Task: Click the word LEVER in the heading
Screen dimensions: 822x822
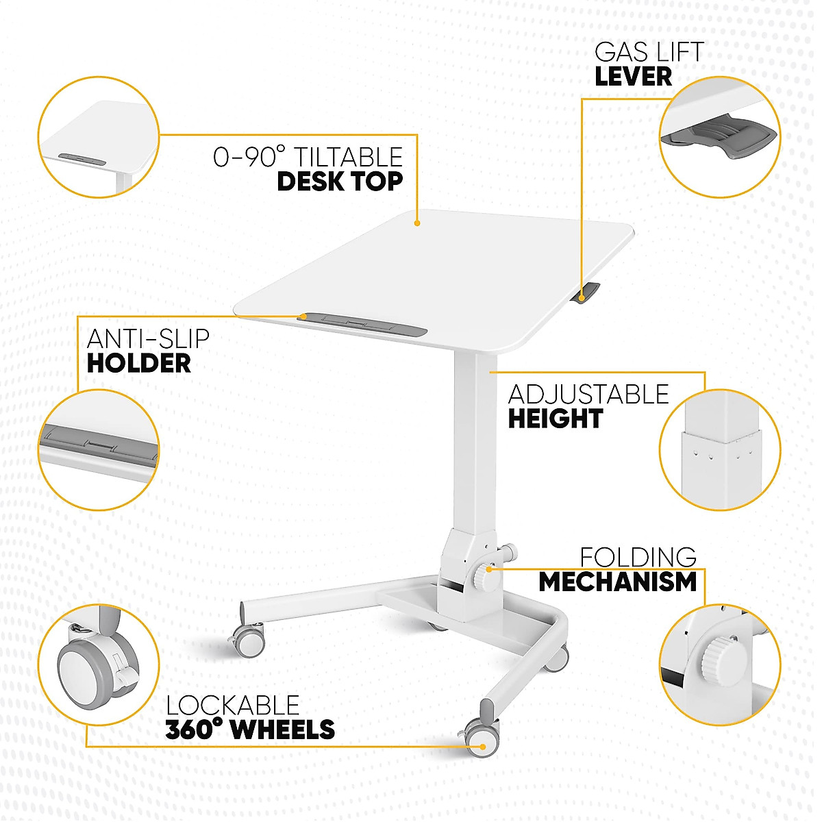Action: coord(633,76)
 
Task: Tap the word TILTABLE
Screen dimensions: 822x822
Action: coord(348,157)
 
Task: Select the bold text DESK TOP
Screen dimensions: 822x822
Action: coord(339,182)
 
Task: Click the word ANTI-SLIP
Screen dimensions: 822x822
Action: coord(148,338)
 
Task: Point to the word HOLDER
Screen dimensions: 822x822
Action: coord(138,363)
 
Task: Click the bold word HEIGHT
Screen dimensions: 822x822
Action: coord(555,419)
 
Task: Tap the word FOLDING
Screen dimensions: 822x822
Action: coord(638,556)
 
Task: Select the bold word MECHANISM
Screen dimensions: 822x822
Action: coord(617,582)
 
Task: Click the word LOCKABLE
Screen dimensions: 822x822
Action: coord(233,705)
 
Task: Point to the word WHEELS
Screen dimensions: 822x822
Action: coord(282,730)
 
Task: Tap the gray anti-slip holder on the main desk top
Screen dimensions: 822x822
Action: coord(363,323)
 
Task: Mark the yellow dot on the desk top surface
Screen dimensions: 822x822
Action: coord(417,223)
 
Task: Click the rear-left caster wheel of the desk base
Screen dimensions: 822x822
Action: coord(249,639)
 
